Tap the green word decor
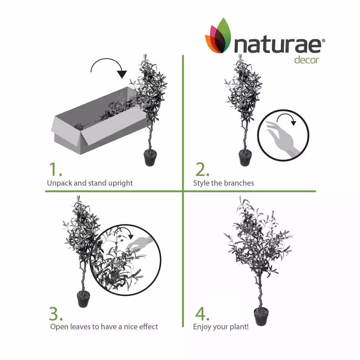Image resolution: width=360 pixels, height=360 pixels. (x=307, y=60)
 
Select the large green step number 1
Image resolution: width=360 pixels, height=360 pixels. (x=55, y=170)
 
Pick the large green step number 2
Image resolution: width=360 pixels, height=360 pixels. (x=202, y=170)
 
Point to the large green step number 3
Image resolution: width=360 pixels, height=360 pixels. (x=55, y=314)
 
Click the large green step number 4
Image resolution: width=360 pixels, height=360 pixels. (x=202, y=314)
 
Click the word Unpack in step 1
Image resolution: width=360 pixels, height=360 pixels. (x=59, y=183)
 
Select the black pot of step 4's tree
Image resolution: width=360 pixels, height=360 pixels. (x=261, y=316)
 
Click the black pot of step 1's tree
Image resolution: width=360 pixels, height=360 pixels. (x=150, y=158)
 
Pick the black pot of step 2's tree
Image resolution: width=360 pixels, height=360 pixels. (x=245, y=158)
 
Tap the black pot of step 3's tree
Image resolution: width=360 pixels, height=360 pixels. (x=83, y=299)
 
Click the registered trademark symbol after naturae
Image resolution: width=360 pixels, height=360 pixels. (x=323, y=41)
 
